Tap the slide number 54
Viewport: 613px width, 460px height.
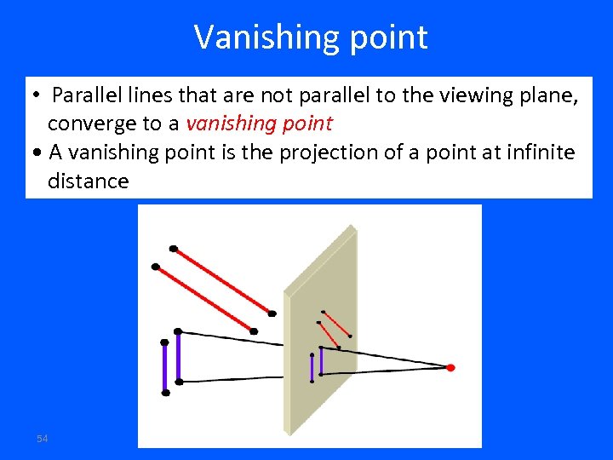[42, 438]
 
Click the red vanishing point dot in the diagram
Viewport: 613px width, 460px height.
[450, 367]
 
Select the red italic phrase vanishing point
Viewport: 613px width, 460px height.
[259, 124]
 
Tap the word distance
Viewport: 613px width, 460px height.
[88, 181]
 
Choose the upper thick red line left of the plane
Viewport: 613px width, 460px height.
[222, 281]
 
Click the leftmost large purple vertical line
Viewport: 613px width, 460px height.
[165, 367]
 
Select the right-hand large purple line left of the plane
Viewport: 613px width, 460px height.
[178, 356]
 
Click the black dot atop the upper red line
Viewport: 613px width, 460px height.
[174, 249]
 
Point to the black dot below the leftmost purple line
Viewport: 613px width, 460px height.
[166, 393]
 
